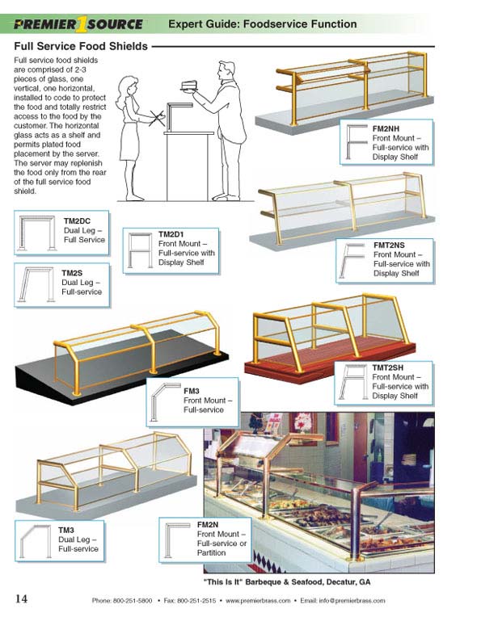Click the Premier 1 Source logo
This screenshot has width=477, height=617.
[x=78, y=24]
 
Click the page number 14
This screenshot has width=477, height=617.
[x=21, y=598]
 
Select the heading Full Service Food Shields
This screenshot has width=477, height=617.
[x=81, y=46]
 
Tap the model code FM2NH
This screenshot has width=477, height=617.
[x=386, y=128]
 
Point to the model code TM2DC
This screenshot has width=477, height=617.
[x=77, y=221]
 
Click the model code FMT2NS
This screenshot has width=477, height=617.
[x=389, y=246]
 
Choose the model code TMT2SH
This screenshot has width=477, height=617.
[x=387, y=367]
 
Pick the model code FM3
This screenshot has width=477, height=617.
[x=192, y=391]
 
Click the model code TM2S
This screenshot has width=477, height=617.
[x=72, y=273]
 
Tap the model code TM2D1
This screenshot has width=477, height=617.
[x=171, y=234]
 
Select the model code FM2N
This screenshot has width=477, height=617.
[x=208, y=525]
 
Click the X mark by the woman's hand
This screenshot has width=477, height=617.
[x=157, y=118]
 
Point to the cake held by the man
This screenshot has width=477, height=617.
[x=188, y=86]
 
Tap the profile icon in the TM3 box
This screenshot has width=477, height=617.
[x=36, y=541]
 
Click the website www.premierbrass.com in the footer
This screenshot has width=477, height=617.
[x=258, y=601]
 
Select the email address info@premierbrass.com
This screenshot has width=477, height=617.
[x=342, y=601]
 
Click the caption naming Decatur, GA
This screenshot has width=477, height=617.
[x=287, y=582]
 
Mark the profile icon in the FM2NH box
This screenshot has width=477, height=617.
[x=356, y=142]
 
